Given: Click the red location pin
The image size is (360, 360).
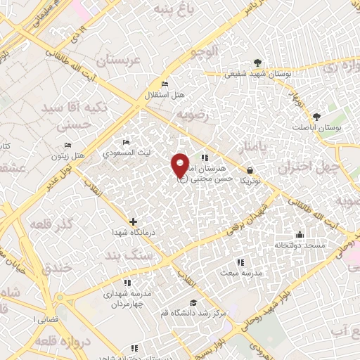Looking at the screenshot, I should [x=181, y=165].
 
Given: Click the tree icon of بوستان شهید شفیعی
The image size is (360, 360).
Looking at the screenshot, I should [x=257, y=63].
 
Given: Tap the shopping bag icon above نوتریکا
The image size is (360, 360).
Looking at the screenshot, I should [x=250, y=169].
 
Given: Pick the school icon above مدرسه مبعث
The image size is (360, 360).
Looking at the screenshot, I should [x=240, y=262].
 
